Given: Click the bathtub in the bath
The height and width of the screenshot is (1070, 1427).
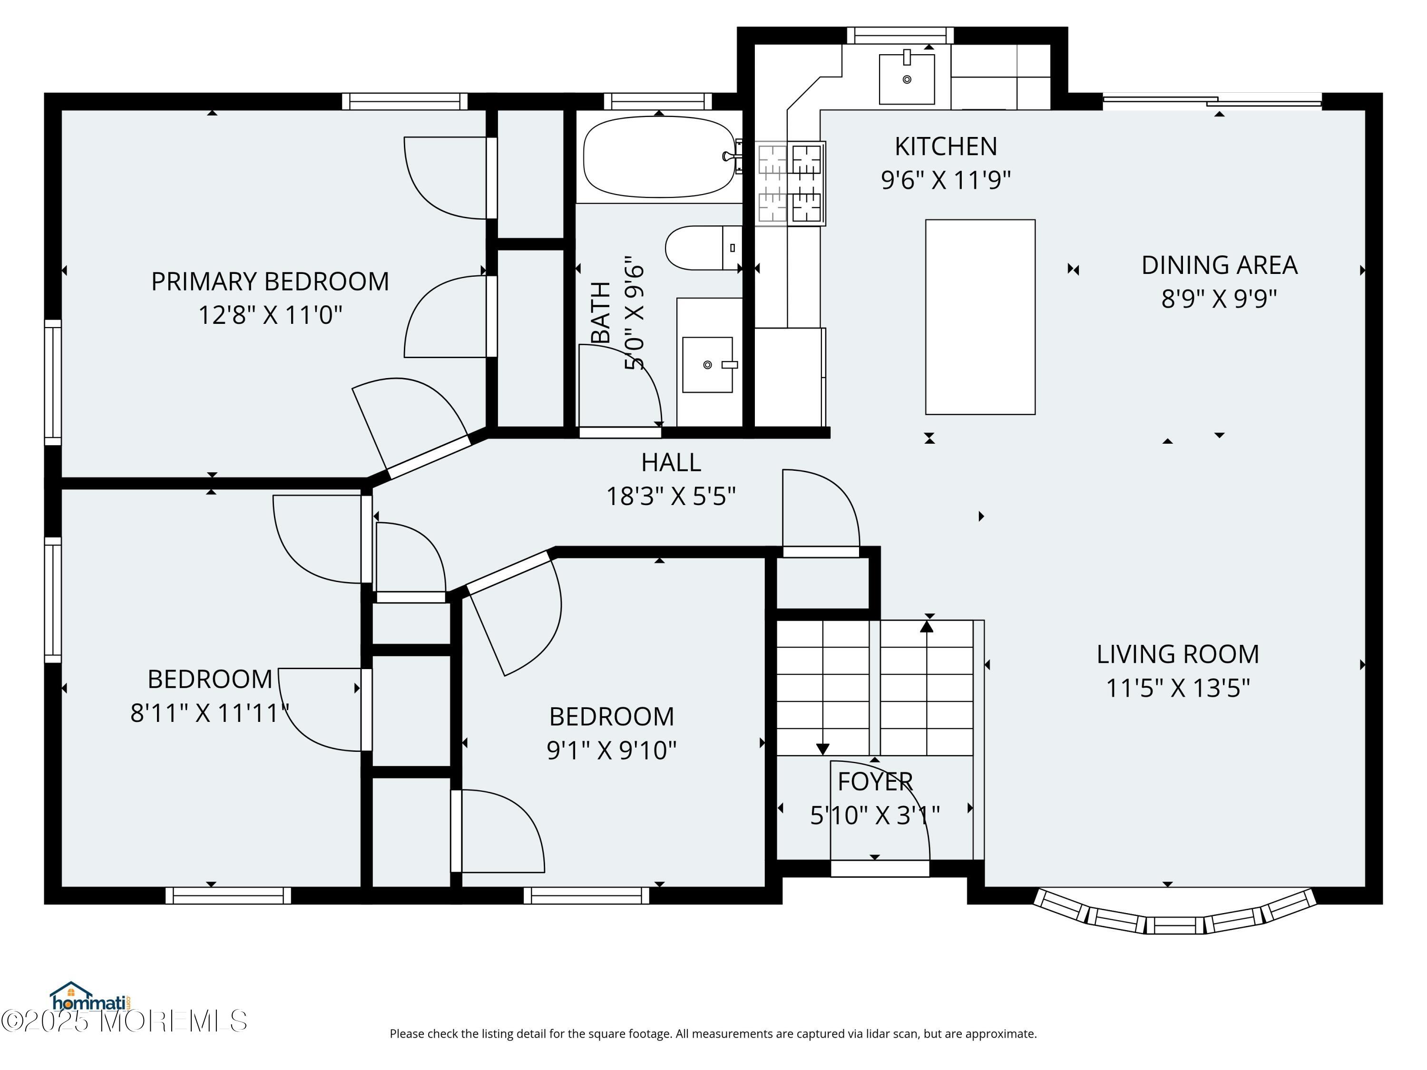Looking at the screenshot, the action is pos(659,157).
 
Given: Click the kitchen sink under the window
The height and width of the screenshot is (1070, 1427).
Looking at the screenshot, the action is pos(907,78).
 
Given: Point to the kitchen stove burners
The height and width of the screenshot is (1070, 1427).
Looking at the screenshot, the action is pos(790,183).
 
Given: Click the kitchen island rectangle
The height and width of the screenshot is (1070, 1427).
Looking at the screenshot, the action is pos(980,317).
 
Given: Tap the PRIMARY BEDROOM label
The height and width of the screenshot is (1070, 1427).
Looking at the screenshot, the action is pos(270,281).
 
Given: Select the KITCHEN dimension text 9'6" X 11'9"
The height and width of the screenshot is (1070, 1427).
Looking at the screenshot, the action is pos(946,180).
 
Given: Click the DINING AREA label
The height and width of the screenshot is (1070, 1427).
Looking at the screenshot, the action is pos(1219,265).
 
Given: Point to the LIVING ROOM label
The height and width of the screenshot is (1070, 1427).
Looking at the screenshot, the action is pos(1178,654).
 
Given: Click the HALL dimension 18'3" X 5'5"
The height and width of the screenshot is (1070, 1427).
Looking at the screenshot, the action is pos(671,496).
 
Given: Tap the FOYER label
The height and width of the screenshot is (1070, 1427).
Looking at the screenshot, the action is pos(875,782).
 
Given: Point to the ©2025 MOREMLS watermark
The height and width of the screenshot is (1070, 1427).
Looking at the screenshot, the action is pos(124,1021).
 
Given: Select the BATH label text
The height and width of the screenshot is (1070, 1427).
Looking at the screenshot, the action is pos(601,312).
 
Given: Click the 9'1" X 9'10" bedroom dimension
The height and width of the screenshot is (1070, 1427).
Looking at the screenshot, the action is pos(612,750).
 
